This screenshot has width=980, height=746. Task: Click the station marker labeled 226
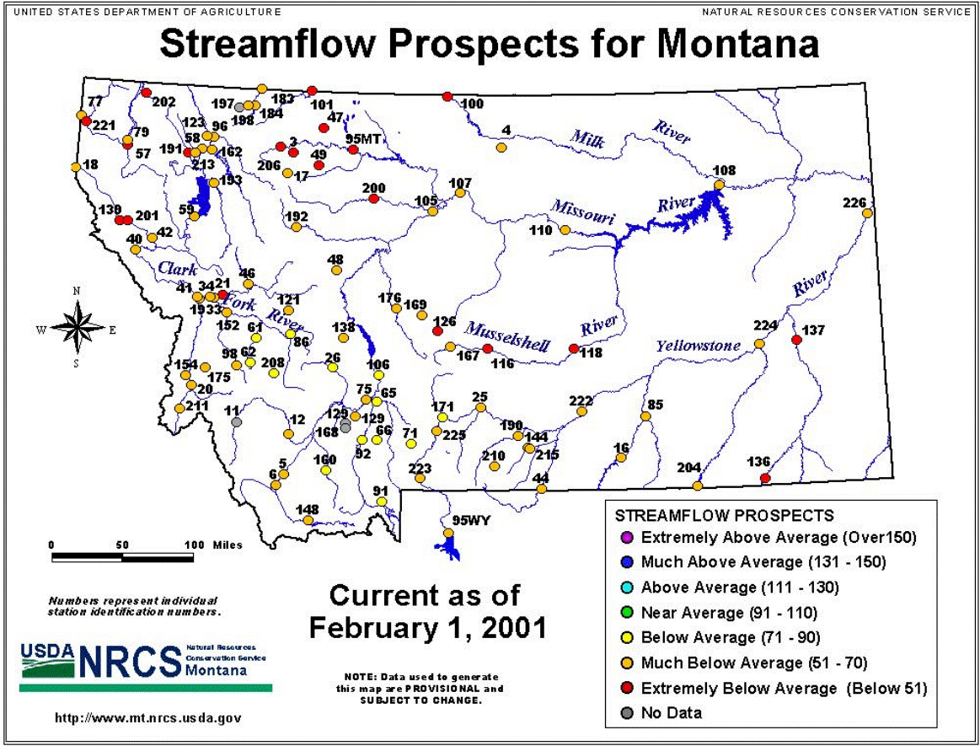coord(867,213)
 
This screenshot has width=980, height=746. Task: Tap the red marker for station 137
coord(796,340)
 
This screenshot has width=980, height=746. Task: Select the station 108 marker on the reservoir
coord(720,185)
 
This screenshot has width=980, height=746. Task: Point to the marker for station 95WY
coord(448,533)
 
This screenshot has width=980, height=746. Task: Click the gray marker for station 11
coord(236,422)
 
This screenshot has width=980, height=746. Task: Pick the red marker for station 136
coord(764,478)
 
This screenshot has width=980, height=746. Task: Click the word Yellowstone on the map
coord(698,345)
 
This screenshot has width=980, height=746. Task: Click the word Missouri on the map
coord(582,212)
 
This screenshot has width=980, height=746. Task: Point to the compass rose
coord(77,327)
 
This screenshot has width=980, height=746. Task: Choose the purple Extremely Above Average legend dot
coord(627,537)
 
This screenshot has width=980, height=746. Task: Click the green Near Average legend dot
coord(627,613)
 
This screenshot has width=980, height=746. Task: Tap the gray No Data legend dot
coord(627,713)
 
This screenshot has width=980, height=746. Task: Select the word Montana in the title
coord(738,43)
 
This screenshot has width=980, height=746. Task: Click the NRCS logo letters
coord(130,661)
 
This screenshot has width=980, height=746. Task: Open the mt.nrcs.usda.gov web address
coord(148,718)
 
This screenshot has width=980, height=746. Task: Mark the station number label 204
coord(688,468)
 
